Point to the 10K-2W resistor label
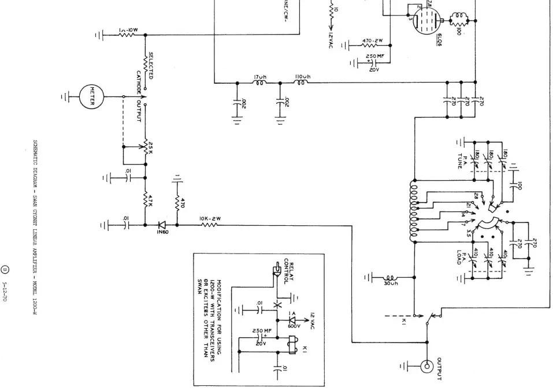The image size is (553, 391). point(207,218)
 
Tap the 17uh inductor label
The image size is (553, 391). point(259,76)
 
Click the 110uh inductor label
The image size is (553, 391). point(303,76)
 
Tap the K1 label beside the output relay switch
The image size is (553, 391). point(404,322)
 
